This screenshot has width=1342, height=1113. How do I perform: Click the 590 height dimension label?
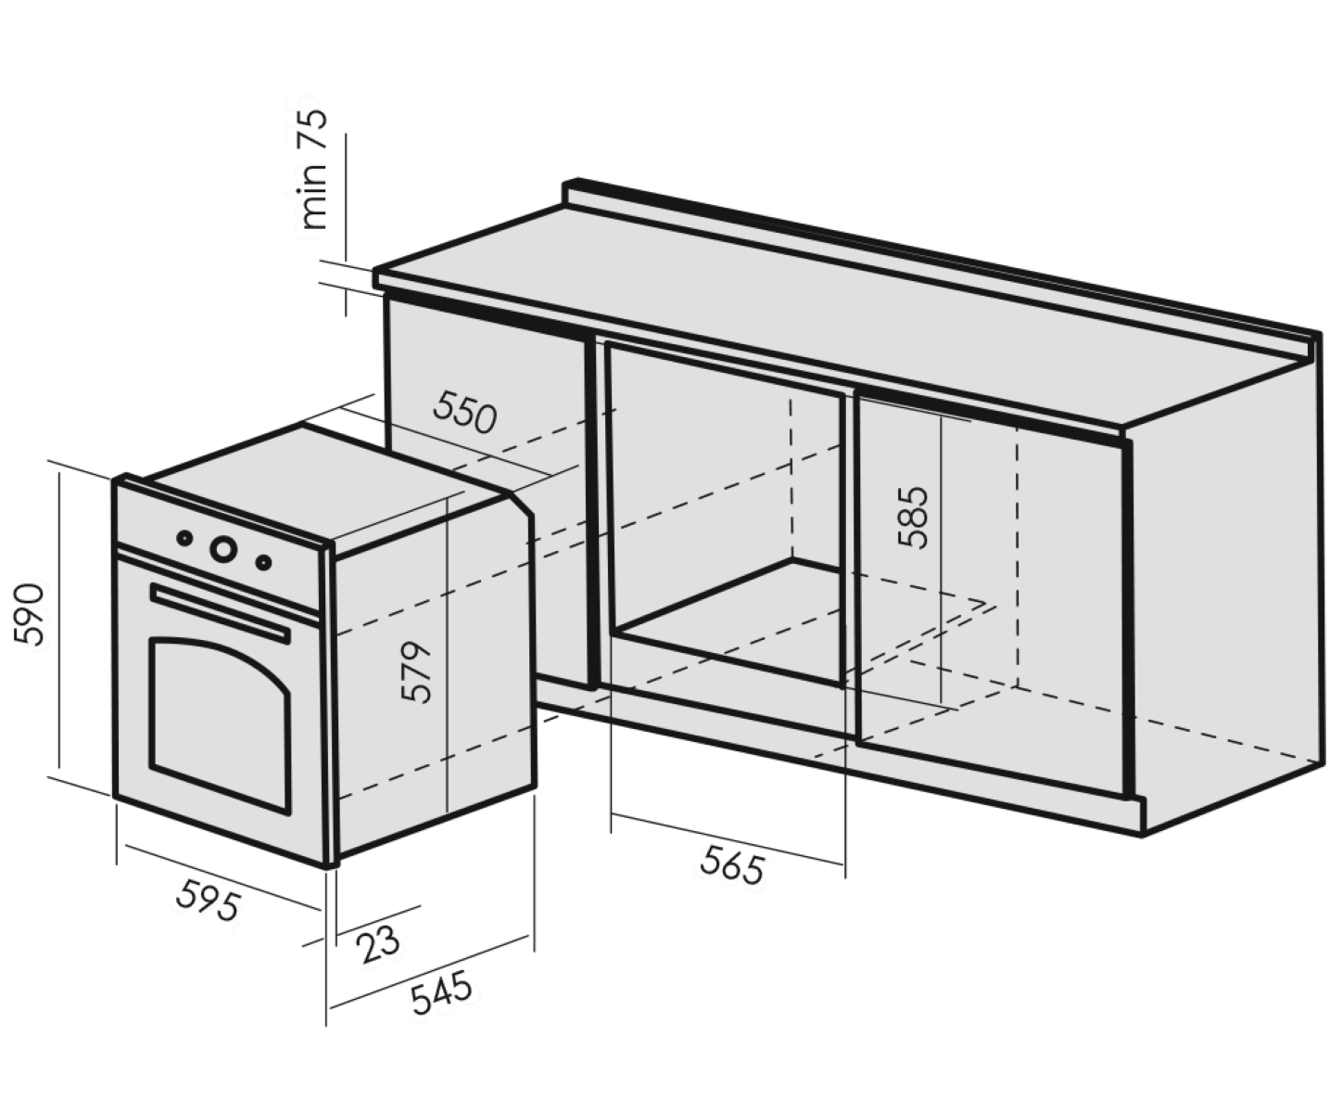coord(30,614)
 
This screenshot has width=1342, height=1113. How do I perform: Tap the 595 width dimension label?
coord(209,901)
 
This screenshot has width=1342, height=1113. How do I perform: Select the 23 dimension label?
coord(379,944)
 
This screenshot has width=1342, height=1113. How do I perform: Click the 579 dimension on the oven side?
coord(415,672)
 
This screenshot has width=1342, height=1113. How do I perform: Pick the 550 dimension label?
coord(464,413)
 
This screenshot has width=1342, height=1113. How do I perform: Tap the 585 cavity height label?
coord(913,518)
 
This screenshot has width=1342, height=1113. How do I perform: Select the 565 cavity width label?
coord(733,865)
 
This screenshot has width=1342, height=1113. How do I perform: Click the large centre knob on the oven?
coord(223,549)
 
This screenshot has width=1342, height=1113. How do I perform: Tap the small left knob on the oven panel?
coord(184,538)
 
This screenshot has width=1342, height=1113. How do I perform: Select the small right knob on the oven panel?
coord(263,562)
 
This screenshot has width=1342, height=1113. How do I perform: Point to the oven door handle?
coord(220,612)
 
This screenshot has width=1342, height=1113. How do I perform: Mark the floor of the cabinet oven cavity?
coord(727,618)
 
